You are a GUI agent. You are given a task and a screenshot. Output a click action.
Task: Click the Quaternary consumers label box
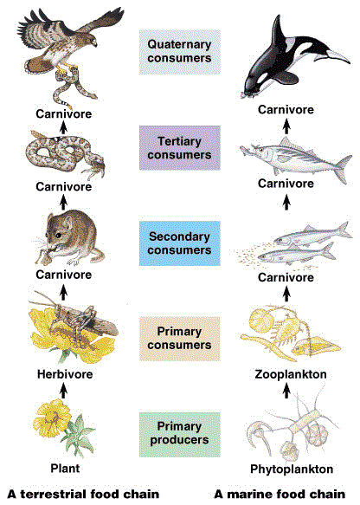(179, 52)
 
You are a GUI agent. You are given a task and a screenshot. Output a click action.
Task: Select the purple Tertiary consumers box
(179, 148)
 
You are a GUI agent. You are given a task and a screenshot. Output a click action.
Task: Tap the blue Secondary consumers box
(179, 243)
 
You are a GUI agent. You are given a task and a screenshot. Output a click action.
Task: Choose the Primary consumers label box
(179, 339)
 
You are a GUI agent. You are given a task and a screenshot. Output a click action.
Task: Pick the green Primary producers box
(179, 435)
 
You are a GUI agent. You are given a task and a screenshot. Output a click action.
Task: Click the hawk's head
(90, 40)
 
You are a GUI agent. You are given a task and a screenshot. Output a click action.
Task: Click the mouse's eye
(58, 236)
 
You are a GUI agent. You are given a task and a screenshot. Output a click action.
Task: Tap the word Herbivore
(65, 374)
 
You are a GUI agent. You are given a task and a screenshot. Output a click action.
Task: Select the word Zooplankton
(291, 374)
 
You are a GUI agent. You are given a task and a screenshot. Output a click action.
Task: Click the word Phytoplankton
(292, 469)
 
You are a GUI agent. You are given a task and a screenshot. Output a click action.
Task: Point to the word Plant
(65, 468)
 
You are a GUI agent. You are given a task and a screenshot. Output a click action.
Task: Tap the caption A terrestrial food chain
(83, 494)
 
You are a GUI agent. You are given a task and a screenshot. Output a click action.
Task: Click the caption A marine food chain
(280, 494)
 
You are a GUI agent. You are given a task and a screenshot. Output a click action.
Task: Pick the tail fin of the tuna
(343, 168)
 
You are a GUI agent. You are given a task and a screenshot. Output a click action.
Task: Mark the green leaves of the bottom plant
(78, 435)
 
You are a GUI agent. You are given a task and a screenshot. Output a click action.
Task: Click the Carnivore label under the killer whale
(286, 109)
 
